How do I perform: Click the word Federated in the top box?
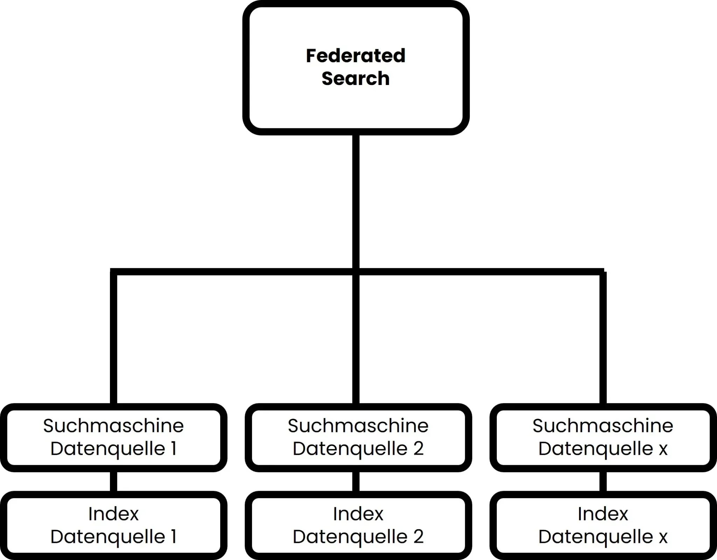[x=355, y=56]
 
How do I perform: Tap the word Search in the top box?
[x=355, y=78]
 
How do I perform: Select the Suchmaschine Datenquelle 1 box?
[x=113, y=437]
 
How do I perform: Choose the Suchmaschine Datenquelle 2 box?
[x=358, y=437]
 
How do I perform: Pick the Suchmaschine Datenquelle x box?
[x=603, y=437]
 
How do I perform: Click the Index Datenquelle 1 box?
[x=113, y=525]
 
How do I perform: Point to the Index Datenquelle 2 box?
[x=358, y=525]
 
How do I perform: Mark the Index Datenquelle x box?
[x=603, y=525]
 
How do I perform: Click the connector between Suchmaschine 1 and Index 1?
[x=113, y=481]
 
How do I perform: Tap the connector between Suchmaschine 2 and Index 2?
[x=356, y=481]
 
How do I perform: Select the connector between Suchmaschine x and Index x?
[x=603, y=481]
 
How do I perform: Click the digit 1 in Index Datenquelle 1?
[x=173, y=537]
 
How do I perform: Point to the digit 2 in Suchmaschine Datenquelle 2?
[x=418, y=448]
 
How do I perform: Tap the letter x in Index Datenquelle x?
[x=663, y=537]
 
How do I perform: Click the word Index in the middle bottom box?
[x=358, y=514]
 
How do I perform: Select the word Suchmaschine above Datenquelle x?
[x=603, y=426]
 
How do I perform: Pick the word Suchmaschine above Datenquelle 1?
[x=113, y=426]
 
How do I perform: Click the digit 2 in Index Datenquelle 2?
[x=418, y=537]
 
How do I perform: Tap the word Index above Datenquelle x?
[x=603, y=514]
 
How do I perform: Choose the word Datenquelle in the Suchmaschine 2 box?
[x=350, y=449]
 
